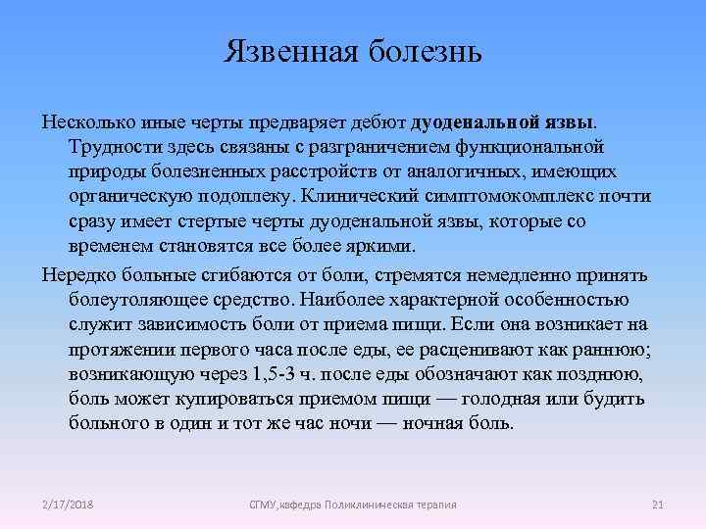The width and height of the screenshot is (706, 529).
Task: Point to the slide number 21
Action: point(658,504)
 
